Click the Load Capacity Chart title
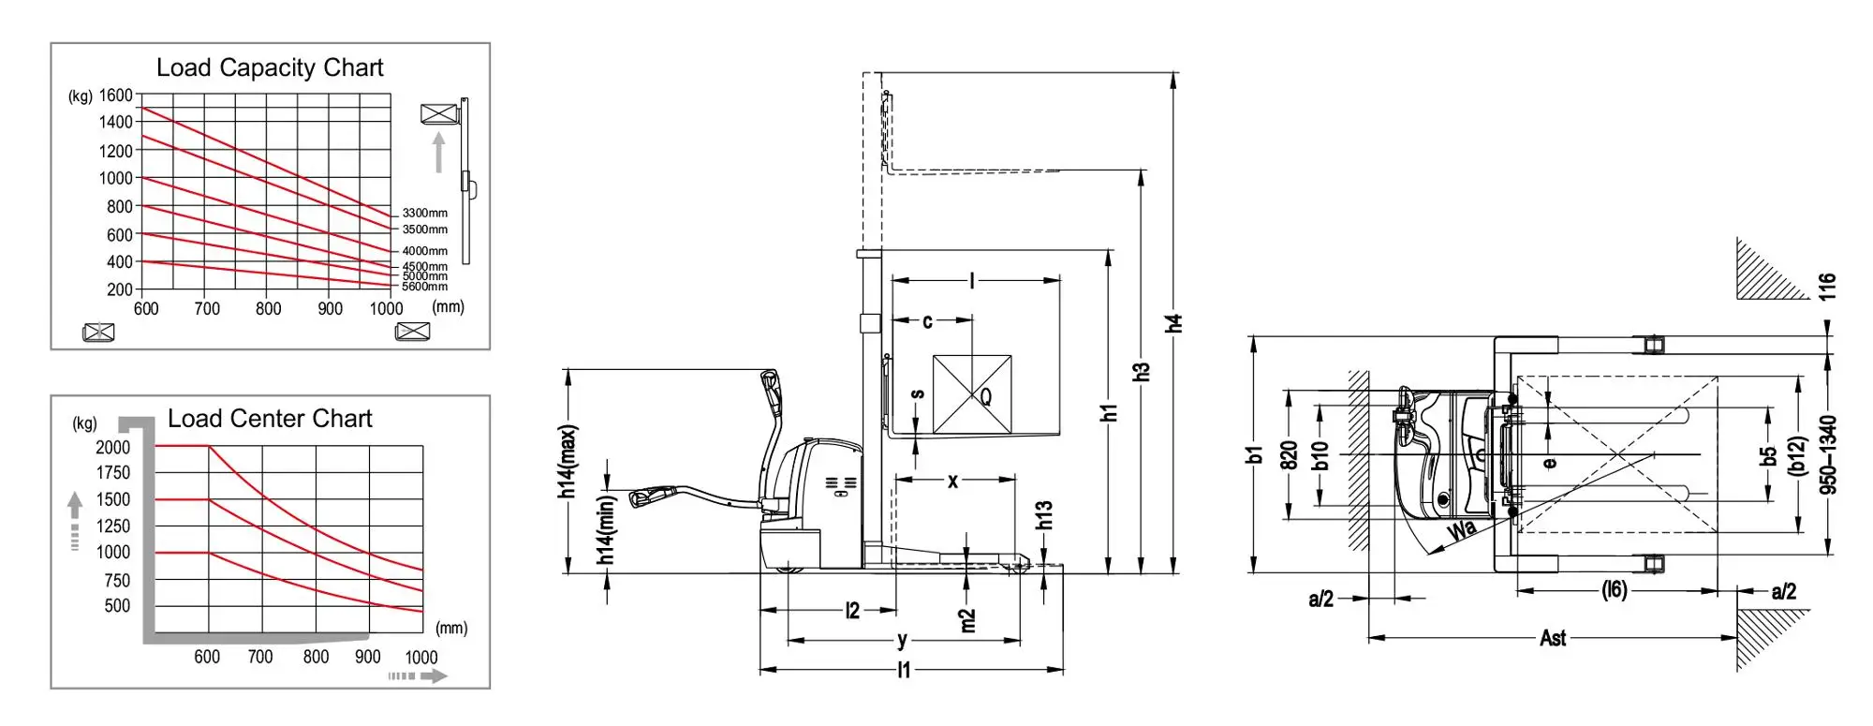click(270, 68)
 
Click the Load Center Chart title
click(270, 419)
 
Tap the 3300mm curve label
click(425, 214)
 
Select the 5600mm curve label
click(425, 287)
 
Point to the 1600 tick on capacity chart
click(116, 96)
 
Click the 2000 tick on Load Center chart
click(113, 448)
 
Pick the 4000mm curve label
click(425, 251)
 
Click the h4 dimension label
click(1174, 322)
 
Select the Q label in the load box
click(985, 397)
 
